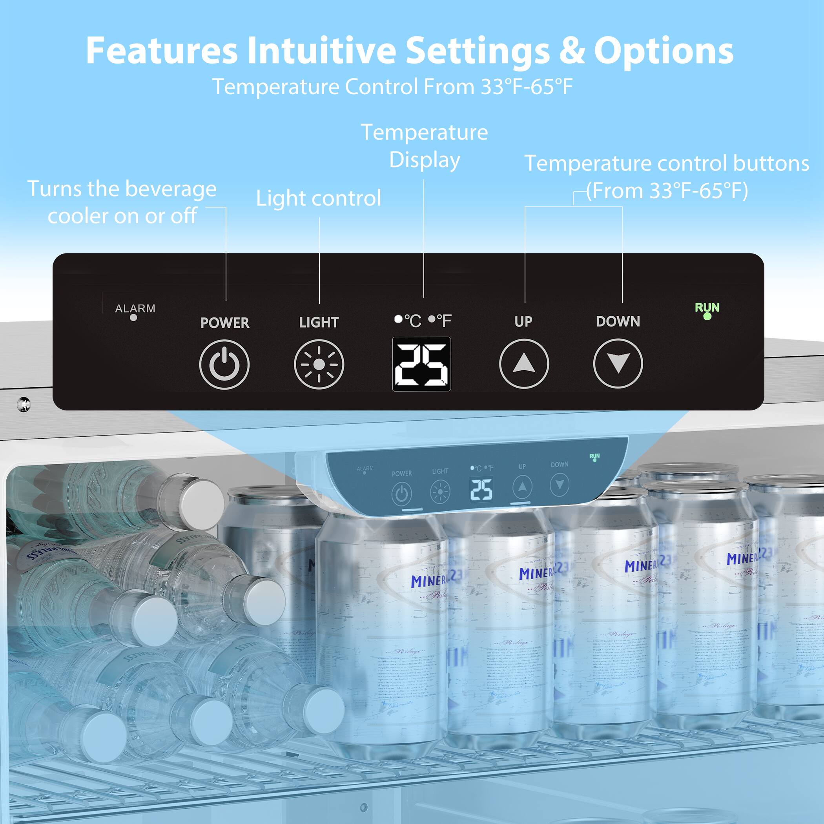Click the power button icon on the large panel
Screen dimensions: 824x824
pyautogui.click(x=224, y=365)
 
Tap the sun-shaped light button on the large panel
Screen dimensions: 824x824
pyautogui.click(x=319, y=364)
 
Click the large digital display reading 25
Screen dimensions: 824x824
pyautogui.click(x=421, y=364)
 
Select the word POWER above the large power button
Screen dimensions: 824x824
pyautogui.click(x=225, y=323)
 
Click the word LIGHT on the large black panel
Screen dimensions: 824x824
pyautogui.click(x=319, y=323)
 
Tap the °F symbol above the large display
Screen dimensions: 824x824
pyautogui.click(x=443, y=320)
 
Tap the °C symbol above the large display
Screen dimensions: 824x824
pyautogui.click(x=412, y=320)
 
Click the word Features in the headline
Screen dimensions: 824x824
pyautogui.click(x=162, y=51)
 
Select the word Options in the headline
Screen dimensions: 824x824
pyautogui.click(x=664, y=51)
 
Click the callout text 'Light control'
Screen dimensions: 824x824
pyautogui.click(x=318, y=198)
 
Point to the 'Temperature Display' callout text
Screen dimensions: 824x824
pyautogui.click(x=425, y=146)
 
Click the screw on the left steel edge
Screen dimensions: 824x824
pyautogui.click(x=24, y=403)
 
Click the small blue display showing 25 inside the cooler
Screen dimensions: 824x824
pyautogui.click(x=481, y=490)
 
